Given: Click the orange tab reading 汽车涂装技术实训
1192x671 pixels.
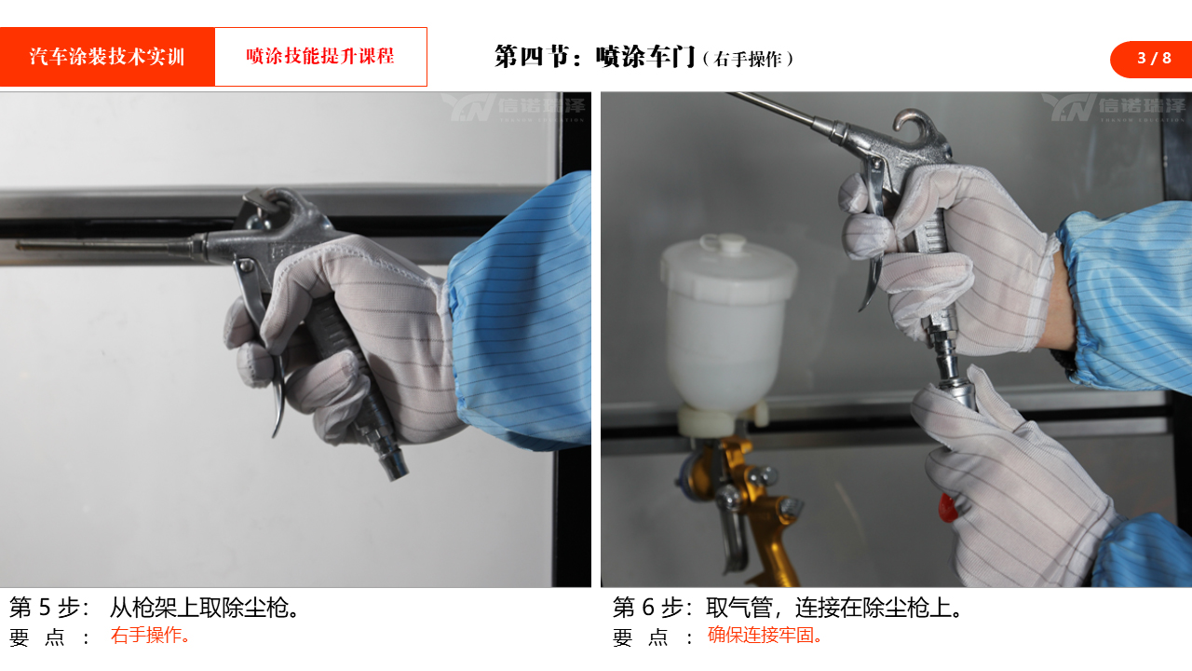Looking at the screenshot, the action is pos(107,57).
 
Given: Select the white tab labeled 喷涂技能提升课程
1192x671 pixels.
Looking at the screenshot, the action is pos(321,57).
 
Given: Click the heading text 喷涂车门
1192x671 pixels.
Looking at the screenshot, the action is pos(645,57).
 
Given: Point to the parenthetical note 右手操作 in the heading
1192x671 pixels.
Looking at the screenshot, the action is pos(748,59).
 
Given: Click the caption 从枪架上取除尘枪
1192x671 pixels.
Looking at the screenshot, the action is pos(204,608).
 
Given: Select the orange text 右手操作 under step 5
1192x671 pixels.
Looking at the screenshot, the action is pos(150,636).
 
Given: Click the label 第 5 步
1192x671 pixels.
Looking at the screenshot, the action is pos(49,608).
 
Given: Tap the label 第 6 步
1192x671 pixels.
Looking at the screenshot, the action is pos(653,608).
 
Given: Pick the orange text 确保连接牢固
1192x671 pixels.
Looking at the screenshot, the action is pos(765,636).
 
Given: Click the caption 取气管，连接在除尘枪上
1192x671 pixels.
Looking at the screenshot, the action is pos(834,608).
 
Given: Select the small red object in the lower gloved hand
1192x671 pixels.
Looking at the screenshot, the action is pos(946,509).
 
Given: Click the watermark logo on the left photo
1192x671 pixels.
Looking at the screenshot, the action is pos(514,107).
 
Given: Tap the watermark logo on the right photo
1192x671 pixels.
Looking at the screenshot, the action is pos(1115,107).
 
